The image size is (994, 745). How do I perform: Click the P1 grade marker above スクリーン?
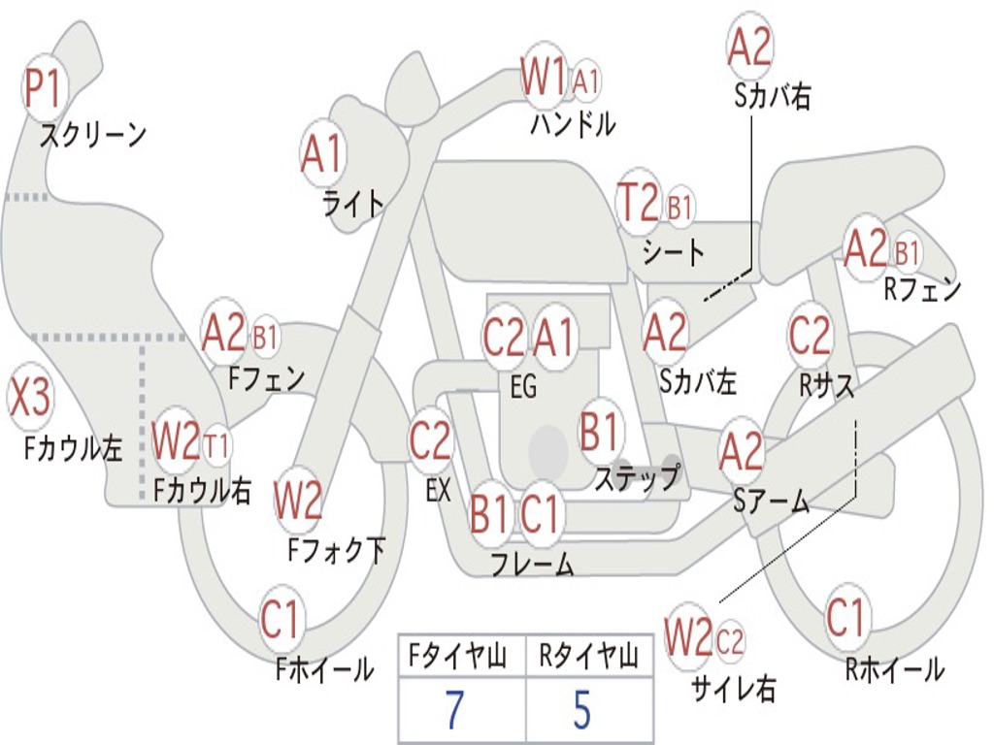click(43, 89)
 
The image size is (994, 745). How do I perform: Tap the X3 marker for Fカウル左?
click(30, 398)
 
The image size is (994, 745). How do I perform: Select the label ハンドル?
click(573, 123)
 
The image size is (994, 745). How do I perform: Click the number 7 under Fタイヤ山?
click(455, 710)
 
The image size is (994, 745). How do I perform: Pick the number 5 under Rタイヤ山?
click(581, 710)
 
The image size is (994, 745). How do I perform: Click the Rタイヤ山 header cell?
click(588, 659)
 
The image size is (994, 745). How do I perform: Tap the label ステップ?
click(637, 478)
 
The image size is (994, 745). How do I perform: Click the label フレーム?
click(532, 564)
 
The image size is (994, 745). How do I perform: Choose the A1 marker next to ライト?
click(322, 153)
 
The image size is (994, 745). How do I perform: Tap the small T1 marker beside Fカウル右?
click(217, 446)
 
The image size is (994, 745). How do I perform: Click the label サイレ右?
click(733, 689)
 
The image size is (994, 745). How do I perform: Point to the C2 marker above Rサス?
click(810, 336)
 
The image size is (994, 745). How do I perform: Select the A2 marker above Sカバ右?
click(749, 47)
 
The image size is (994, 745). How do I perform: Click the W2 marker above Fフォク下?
click(298, 501)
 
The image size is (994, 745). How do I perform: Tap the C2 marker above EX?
click(431, 441)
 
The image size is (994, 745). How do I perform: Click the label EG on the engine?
click(523, 387)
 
